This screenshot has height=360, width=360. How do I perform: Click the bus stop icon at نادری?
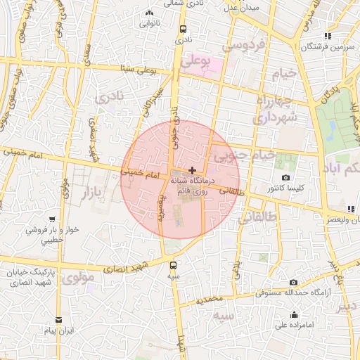point(183,30)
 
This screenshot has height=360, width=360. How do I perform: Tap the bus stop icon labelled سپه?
point(174,265)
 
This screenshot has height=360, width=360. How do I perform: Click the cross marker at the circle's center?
point(193,170)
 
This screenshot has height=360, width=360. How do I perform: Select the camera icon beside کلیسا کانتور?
point(285,177)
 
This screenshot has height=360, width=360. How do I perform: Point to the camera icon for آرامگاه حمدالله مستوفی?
point(274,281)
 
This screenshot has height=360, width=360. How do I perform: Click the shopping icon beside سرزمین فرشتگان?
point(328,36)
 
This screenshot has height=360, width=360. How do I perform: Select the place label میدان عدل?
point(242,8)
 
